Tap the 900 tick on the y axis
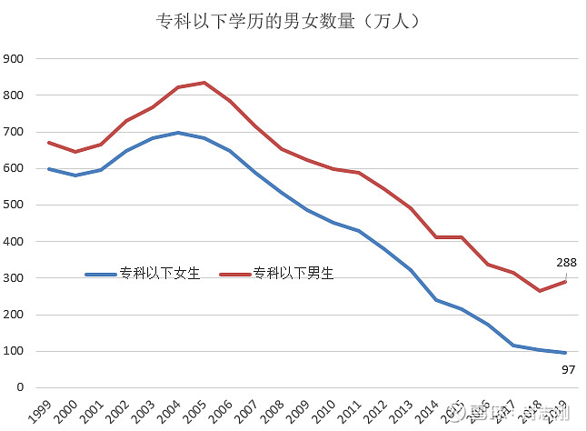pos(14,59)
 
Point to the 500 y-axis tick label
pos(14,205)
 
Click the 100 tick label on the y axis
pos(14,351)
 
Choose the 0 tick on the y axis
pos(19,387)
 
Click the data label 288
pos(566,263)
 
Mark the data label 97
pos(566,368)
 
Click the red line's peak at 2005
pos(204,83)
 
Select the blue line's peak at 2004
pos(178,133)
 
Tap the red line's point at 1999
pos(48,143)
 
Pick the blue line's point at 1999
pos(48,169)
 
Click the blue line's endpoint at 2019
pos(566,353)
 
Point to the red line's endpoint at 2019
pos(566,282)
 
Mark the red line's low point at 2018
pos(540,291)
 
